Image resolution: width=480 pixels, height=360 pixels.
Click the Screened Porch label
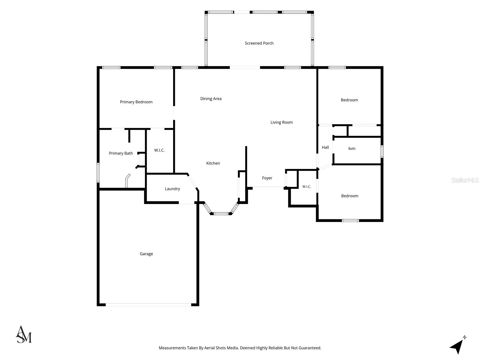(x=259, y=43)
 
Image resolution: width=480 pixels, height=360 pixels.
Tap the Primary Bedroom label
(x=136, y=102)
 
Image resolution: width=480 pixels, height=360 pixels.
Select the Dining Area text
(x=211, y=99)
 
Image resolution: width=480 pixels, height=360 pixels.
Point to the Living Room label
(x=281, y=122)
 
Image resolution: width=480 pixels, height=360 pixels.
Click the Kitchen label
(x=213, y=163)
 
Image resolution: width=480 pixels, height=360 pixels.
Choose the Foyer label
(x=267, y=178)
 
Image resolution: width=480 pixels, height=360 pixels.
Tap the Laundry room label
(x=172, y=189)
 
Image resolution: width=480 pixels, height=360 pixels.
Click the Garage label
(x=146, y=254)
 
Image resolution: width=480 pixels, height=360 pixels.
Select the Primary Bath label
(x=121, y=153)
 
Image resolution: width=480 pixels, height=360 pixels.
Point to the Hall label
(x=325, y=147)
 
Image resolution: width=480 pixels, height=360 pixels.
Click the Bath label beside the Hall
(x=352, y=148)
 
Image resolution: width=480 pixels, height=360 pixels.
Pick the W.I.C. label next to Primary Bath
(x=159, y=150)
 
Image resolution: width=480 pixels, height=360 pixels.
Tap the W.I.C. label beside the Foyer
(x=306, y=186)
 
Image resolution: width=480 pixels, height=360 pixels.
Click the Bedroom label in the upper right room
(x=349, y=100)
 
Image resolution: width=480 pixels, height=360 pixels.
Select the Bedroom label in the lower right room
(x=350, y=196)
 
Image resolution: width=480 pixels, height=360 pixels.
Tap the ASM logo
(x=24, y=334)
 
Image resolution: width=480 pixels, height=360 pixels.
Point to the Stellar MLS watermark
(x=465, y=180)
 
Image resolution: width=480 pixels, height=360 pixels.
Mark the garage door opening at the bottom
(x=148, y=305)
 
